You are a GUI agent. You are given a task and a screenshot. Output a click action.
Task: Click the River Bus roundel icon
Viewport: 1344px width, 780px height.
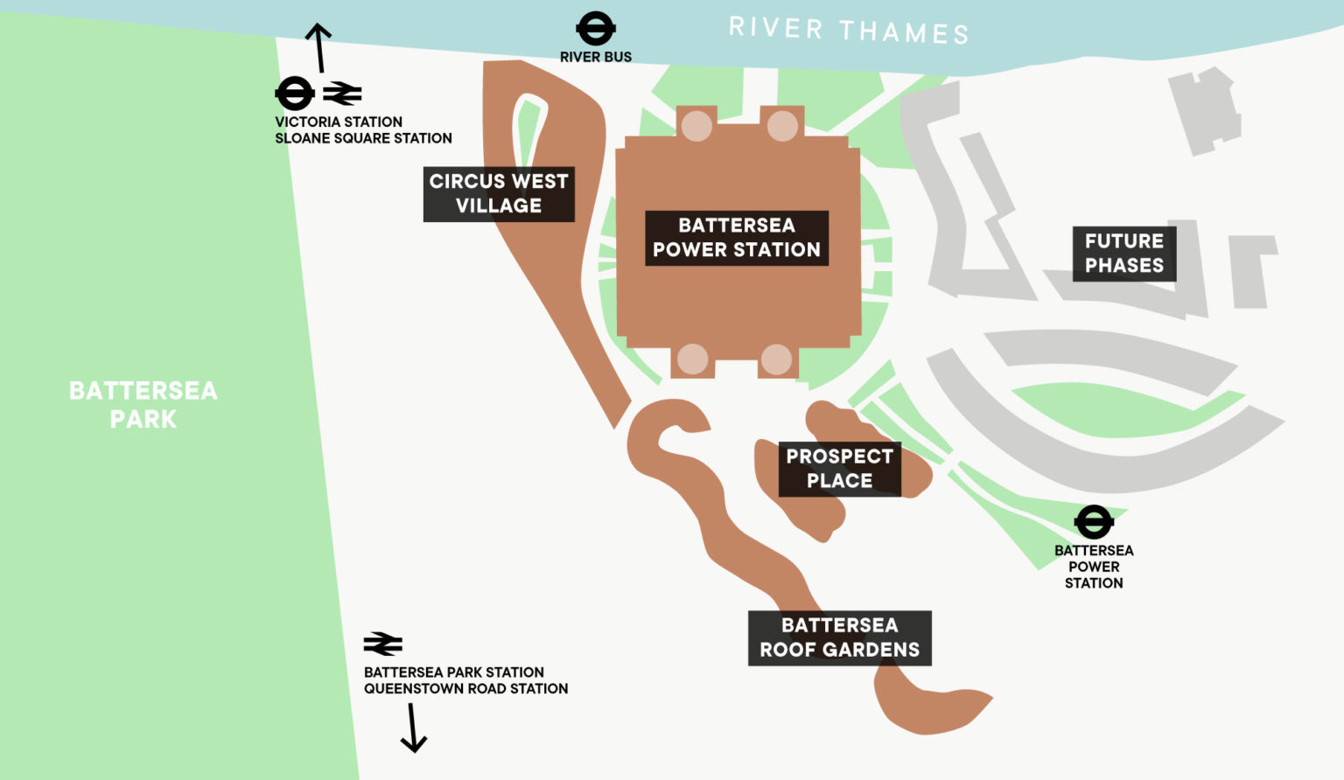(x=595, y=29)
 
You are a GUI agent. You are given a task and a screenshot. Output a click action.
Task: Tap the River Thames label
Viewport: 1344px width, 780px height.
(x=849, y=31)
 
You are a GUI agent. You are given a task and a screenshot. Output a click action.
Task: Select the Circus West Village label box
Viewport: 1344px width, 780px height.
(x=499, y=193)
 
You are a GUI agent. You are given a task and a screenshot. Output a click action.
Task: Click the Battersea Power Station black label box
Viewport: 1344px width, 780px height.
(x=737, y=238)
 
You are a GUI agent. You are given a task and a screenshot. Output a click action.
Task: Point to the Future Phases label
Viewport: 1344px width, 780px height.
(x=1124, y=254)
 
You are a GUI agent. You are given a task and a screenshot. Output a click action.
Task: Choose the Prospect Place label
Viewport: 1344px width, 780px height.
(x=839, y=469)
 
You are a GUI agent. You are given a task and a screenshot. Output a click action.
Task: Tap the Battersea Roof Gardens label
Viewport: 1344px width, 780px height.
(x=839, y=637)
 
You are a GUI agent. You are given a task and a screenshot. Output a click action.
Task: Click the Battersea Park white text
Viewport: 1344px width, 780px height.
(x=143, y=404)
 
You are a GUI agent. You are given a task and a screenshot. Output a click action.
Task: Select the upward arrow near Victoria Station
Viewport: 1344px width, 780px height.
(x=318, y=47)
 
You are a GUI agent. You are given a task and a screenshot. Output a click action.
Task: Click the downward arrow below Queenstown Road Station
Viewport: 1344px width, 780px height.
(x=413, y=728)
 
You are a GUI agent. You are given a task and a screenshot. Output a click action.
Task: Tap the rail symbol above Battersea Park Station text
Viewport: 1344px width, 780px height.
(x=383, y=644)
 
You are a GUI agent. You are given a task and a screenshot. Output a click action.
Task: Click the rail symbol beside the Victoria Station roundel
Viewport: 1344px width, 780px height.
(x=342, y=93)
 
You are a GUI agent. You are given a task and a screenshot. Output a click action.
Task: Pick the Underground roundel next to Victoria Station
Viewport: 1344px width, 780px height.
(x=295, y=93)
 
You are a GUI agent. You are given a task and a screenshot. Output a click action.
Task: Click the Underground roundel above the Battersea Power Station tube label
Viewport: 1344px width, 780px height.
(x=1093, y=522)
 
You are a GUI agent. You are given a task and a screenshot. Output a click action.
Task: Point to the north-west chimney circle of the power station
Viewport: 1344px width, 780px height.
(x=696, y=126)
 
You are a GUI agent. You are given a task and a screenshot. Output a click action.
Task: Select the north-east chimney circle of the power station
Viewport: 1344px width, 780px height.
(x=782, y=126)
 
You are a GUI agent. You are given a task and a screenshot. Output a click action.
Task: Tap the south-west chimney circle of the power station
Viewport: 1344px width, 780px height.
(x=692, y=359)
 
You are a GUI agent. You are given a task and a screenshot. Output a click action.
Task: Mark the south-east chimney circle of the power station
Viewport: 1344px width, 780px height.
(x=776, y=359)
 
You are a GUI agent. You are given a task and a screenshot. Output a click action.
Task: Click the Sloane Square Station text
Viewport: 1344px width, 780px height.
(x=363, y=138)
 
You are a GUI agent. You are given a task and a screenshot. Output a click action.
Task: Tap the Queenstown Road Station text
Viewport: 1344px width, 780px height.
(x=465, y=689)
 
